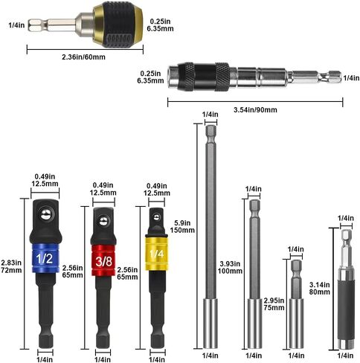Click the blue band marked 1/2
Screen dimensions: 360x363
pos(45,258)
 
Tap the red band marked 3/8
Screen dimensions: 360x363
pos(103,260)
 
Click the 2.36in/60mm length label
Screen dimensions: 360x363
pos(83,57)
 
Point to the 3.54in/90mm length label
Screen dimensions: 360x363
pos(255,109)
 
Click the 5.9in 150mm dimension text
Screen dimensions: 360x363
pos(182,226)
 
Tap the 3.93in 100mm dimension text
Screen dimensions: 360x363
pos(230,267)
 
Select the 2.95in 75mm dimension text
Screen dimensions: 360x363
pos(274,304)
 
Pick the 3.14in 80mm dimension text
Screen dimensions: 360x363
pos(320,288)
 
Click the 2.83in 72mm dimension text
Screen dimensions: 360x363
pos(11,266)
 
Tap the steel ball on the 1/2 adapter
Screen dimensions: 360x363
pos(45,214)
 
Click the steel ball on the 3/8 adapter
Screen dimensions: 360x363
pos(103,221)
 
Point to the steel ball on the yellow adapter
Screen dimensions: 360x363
pos(156,217)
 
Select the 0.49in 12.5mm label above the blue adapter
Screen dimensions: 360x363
pos(45,180)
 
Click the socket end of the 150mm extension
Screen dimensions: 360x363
pos(210,324)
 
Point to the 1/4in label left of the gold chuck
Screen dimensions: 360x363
pos(16,25)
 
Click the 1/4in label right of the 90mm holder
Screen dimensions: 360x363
pos(351,78)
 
